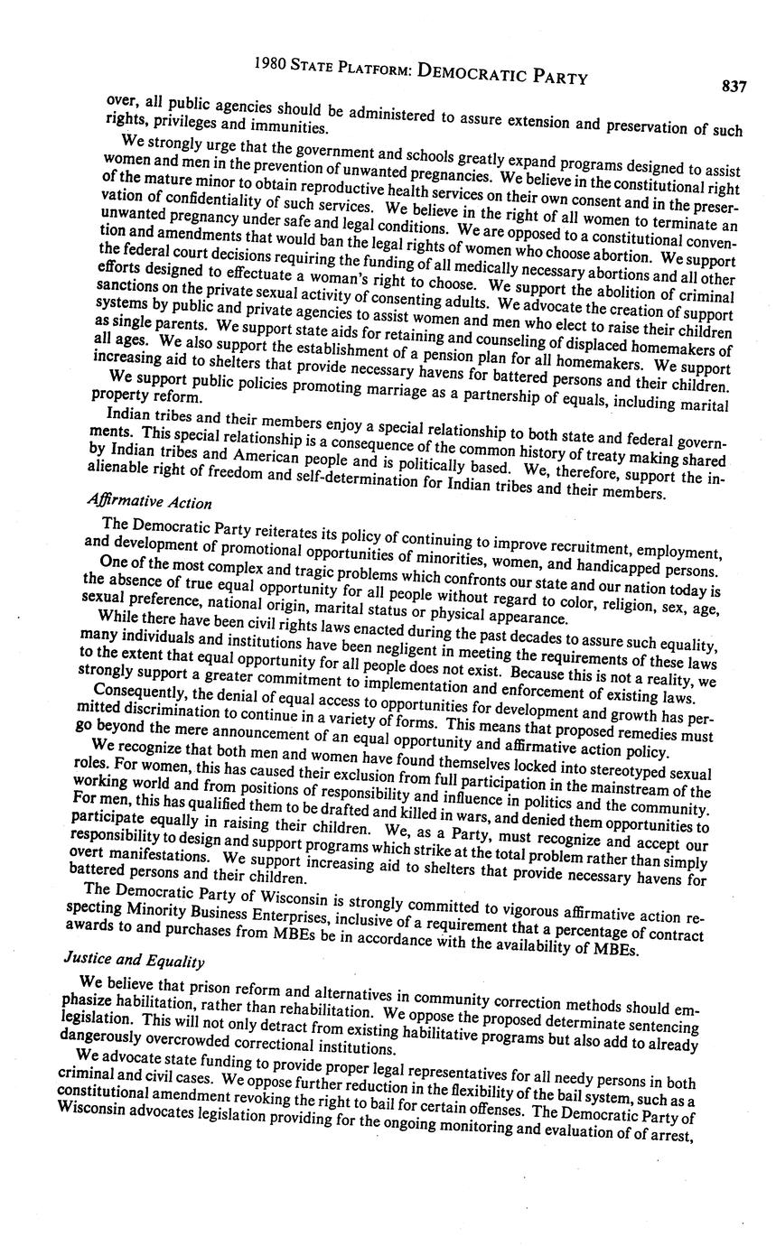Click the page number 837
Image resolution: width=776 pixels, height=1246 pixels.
click(734, 87)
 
